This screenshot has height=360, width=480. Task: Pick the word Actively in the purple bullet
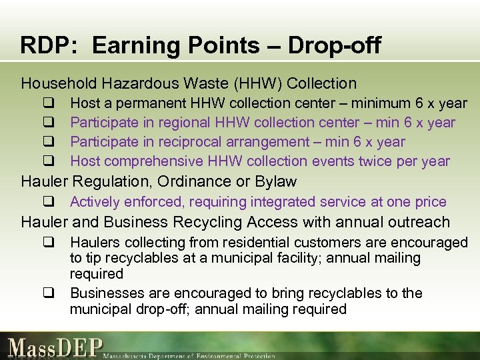[x=93, y=202]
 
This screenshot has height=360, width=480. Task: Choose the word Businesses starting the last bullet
[x=104, y=293]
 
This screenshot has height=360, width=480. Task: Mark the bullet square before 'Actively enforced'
[x=49, y=202]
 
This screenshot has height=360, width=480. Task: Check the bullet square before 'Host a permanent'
[x=49, y=103]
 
